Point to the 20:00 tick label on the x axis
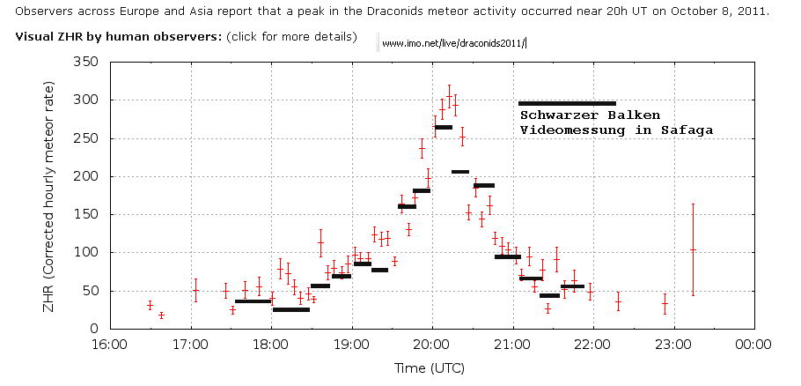(x=431, y=345)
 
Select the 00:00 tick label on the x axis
(x=753, y=345)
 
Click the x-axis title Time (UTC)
(x=430, y=367)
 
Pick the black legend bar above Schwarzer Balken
(x=567, y=103)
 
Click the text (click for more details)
(x=291, y=37)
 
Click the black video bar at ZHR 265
(x=444, y=128)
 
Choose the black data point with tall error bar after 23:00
(x=693, y=250)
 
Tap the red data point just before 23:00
(x=665, y=304)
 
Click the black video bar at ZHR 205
(x=459, y=172)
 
